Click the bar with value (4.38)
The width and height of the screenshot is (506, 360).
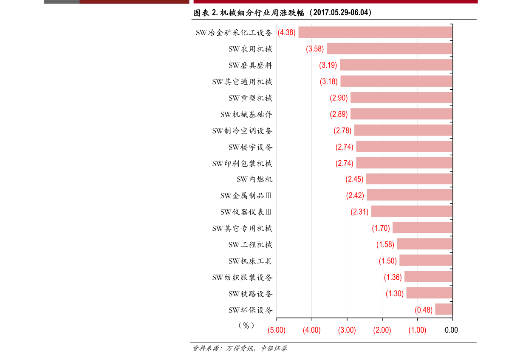tap(375, 32)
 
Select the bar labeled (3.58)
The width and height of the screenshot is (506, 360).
tap(389, 49)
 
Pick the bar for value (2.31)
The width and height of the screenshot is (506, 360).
tap(411, 212)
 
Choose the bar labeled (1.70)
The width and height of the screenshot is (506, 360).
tap(422, 228)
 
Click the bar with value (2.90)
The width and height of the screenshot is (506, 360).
tap(401, 98)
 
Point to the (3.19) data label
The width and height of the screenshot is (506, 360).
tap(328, 65)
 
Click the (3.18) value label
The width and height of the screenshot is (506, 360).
tap(328, 82)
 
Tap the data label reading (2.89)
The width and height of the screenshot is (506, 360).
tap(339, 114)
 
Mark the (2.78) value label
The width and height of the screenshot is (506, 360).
tap(342, 130)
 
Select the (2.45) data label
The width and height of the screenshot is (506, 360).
tap(354, 179)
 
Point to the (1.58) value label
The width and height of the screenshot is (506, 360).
tap(385, 244)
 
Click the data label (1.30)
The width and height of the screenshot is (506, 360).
tap(394, 293)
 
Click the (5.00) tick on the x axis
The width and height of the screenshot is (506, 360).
tap(276, 330)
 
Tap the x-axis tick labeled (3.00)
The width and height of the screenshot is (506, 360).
tap(347, 330)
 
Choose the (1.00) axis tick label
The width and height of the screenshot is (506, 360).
tap(417, 330)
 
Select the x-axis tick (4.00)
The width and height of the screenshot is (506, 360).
tap(311, 330)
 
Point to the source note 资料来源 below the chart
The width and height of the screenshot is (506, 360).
tap(239, 349)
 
